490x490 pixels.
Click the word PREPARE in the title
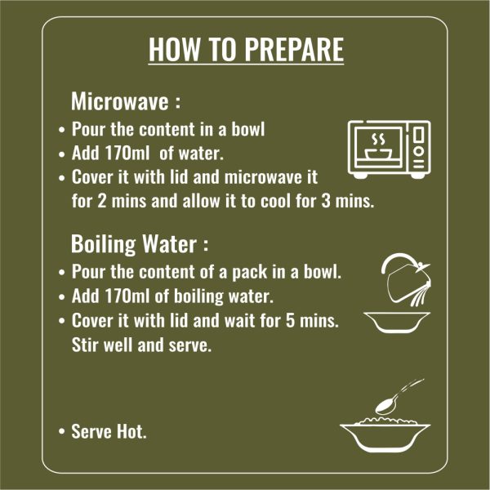[x=294, y=49]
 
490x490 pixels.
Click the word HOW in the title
[x=174, y=49]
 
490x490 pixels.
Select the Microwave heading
[x=126, y=101]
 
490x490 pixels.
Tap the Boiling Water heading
[x=140, y=243]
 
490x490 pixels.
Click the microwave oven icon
[x=389, y=149]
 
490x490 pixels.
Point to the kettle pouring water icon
[x=406, y=279]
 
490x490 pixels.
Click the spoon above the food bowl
[x=399, y=397]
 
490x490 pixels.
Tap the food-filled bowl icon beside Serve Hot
[x=385, y=436]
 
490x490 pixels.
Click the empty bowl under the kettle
[x=397, y=323]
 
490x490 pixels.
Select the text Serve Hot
[x=109, y=431]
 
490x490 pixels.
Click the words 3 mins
[x=348, y=201]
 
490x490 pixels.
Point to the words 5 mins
[x=313, y=320]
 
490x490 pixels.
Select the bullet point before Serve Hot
[x=61, y=431]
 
